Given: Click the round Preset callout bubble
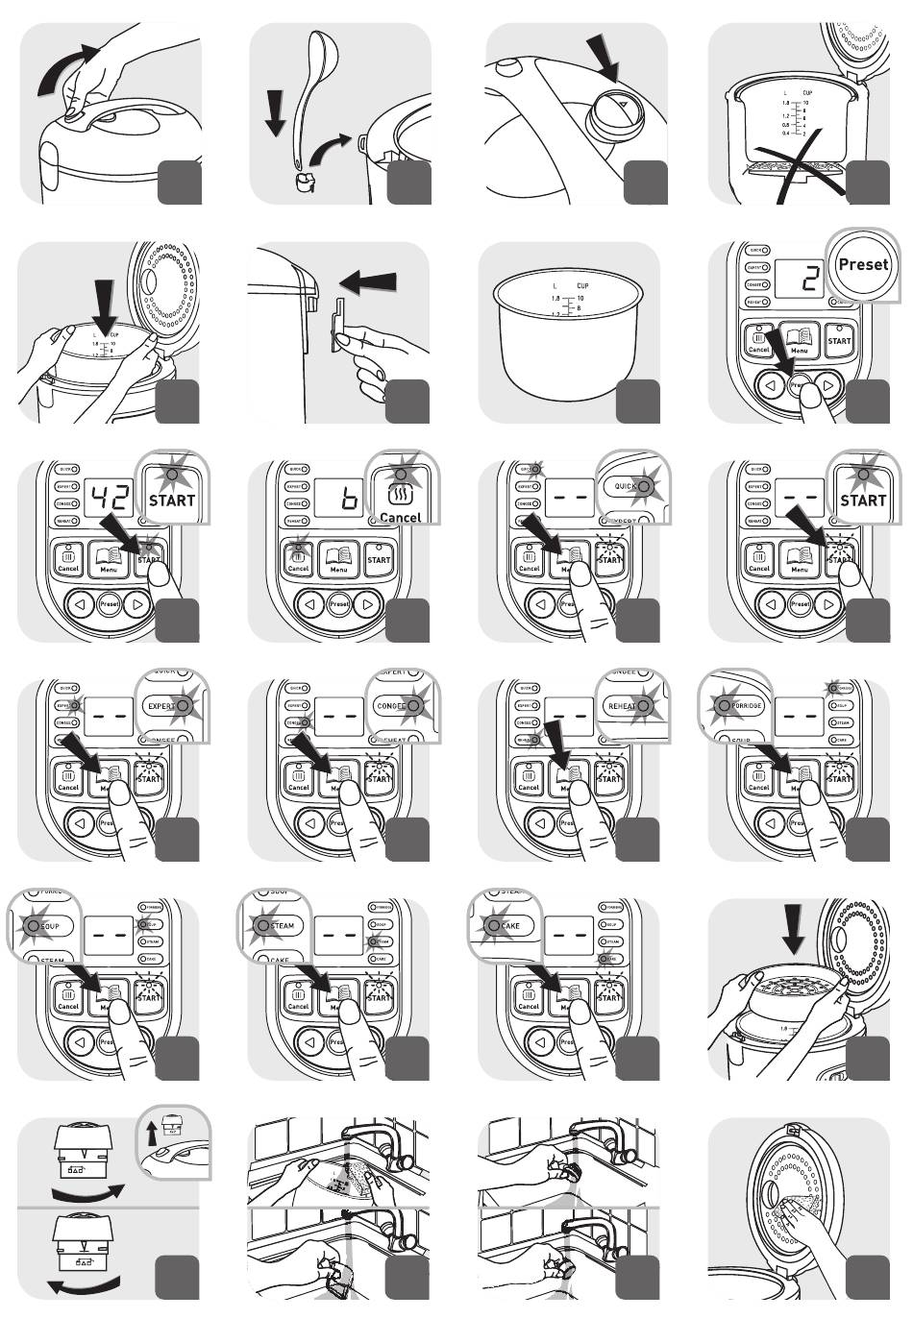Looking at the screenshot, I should coord(862,264).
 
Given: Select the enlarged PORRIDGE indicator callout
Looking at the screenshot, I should coord(739,705).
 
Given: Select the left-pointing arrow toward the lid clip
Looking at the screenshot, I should coord(369,282).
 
